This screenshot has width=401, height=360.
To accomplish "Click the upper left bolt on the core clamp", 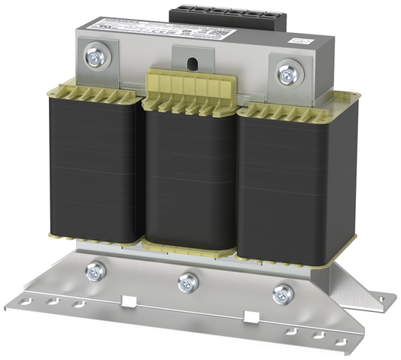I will tap(96, 56).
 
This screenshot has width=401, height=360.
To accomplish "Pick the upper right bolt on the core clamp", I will tap(287, 74).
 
